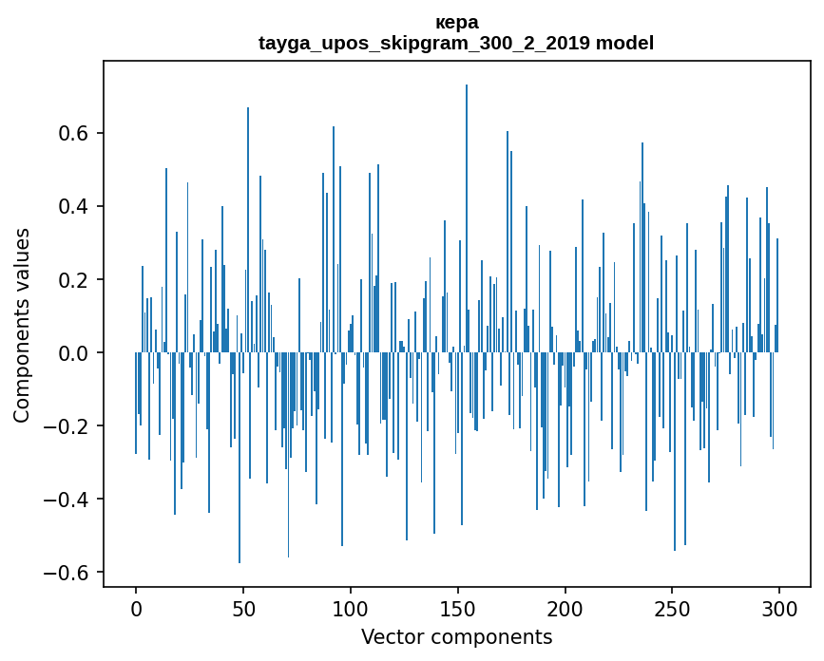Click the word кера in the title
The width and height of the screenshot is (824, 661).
click(x=456, y=22)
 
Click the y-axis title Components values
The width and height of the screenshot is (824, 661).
click(x=22, y=325)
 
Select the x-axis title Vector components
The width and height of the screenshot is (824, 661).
click(x=456, y=637)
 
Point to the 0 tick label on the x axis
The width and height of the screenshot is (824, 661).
click(x=136, y=609)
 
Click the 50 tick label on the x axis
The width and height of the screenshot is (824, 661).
click(x=243, y=609)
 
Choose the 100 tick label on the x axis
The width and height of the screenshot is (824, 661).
click(x=351, y=609)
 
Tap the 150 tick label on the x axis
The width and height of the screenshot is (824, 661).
click(x=458, y=609)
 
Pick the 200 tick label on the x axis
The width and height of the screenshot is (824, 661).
click(x=565, y=609)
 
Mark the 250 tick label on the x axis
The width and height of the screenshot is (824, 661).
click(x=673, y=609)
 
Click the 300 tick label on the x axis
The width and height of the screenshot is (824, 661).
click(x=779, y=609)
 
